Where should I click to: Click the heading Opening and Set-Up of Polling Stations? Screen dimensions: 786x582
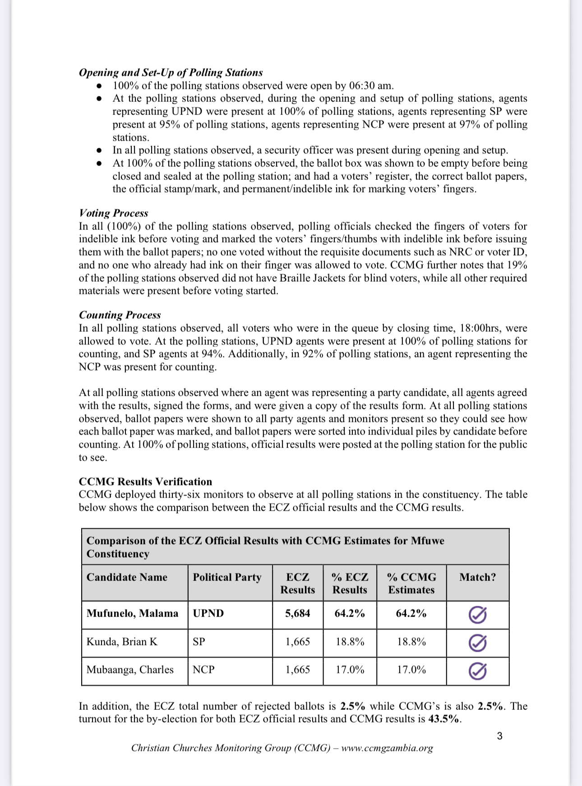[171, 73]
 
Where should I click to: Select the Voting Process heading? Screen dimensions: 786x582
[113, 213]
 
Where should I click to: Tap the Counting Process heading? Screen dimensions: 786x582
[120, 315]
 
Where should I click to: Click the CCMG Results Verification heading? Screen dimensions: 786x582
[145, 481]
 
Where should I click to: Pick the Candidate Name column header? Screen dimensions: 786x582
[127, 577]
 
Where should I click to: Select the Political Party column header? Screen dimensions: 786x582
[227, 577]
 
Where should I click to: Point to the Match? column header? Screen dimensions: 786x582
[477, 577]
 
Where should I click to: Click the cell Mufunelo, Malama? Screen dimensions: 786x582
[132, 613]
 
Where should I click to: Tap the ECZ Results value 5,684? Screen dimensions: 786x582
[297, 613]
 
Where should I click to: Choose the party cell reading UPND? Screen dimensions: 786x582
[208, 613]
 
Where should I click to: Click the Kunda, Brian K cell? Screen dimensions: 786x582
[122, 642]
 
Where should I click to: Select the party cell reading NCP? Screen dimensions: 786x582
[203, 670]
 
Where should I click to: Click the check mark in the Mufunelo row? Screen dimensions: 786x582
[477, 615]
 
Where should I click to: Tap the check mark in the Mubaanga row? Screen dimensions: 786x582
[477, 671]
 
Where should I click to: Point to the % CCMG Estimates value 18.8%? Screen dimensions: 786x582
[411, 642]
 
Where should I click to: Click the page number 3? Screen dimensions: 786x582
[499, 736]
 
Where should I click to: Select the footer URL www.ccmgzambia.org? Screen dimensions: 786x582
[387, 748]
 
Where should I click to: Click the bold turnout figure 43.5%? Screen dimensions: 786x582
[444, 719]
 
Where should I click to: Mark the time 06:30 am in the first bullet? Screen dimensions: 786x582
[369, 86]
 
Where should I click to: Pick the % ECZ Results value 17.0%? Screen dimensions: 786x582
[350, 670]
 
